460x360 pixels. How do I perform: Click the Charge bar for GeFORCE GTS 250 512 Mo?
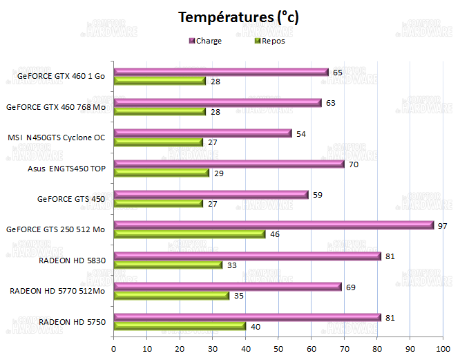pos(274,225)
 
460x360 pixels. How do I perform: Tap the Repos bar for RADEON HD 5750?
pos(180,326)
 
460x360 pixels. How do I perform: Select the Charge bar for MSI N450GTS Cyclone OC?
pos(202,133)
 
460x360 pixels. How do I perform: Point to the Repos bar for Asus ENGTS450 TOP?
pos(161,173)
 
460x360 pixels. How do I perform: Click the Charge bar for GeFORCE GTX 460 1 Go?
pos(221,72)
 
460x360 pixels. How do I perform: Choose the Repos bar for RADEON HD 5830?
pos(168,265)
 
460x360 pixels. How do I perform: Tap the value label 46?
pos(275,234)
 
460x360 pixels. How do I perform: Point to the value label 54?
pos(301,133)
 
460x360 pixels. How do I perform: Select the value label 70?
pos(354,164)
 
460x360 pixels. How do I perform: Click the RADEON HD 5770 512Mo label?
pos(57,291)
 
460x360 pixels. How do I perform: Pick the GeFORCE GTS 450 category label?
pos(71,199)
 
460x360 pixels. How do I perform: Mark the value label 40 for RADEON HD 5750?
pos(256,326)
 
